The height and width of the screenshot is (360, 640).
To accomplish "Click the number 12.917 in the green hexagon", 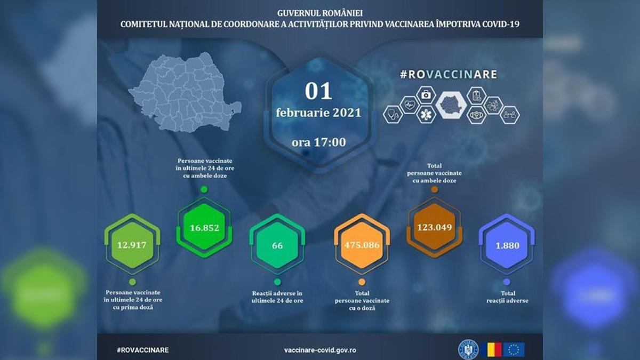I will tap(132, 246).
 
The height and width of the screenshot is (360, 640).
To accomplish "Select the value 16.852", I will tap(204, 228).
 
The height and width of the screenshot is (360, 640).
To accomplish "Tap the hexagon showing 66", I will tap(277, 246).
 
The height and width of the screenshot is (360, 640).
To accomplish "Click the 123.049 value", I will tap(434, 227).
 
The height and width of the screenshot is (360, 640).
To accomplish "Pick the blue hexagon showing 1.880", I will tap(507, 246).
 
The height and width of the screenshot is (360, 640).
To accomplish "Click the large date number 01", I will tap(318, 91).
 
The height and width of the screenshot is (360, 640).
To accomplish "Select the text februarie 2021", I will tap(318, 113).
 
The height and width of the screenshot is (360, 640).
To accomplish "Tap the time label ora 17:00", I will tap(318, 142).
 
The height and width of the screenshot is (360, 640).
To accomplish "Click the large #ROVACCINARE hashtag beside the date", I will tap(449, 74).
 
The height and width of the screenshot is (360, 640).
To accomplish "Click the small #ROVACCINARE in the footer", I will tap(142, 350).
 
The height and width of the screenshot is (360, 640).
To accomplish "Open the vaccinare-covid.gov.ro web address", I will tap(321, 350).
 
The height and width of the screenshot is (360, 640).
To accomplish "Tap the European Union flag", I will tap(514, 349).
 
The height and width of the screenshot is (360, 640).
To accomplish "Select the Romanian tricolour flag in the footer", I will tap(491, 349).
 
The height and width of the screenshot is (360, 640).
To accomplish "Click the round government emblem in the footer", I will tap(468, 349).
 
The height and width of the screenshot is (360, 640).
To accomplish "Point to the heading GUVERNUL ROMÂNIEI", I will tap(320, 12).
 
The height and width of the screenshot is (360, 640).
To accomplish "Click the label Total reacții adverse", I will tap(507, 297).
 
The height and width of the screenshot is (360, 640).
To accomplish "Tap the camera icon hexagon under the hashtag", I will tap(426, 95).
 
